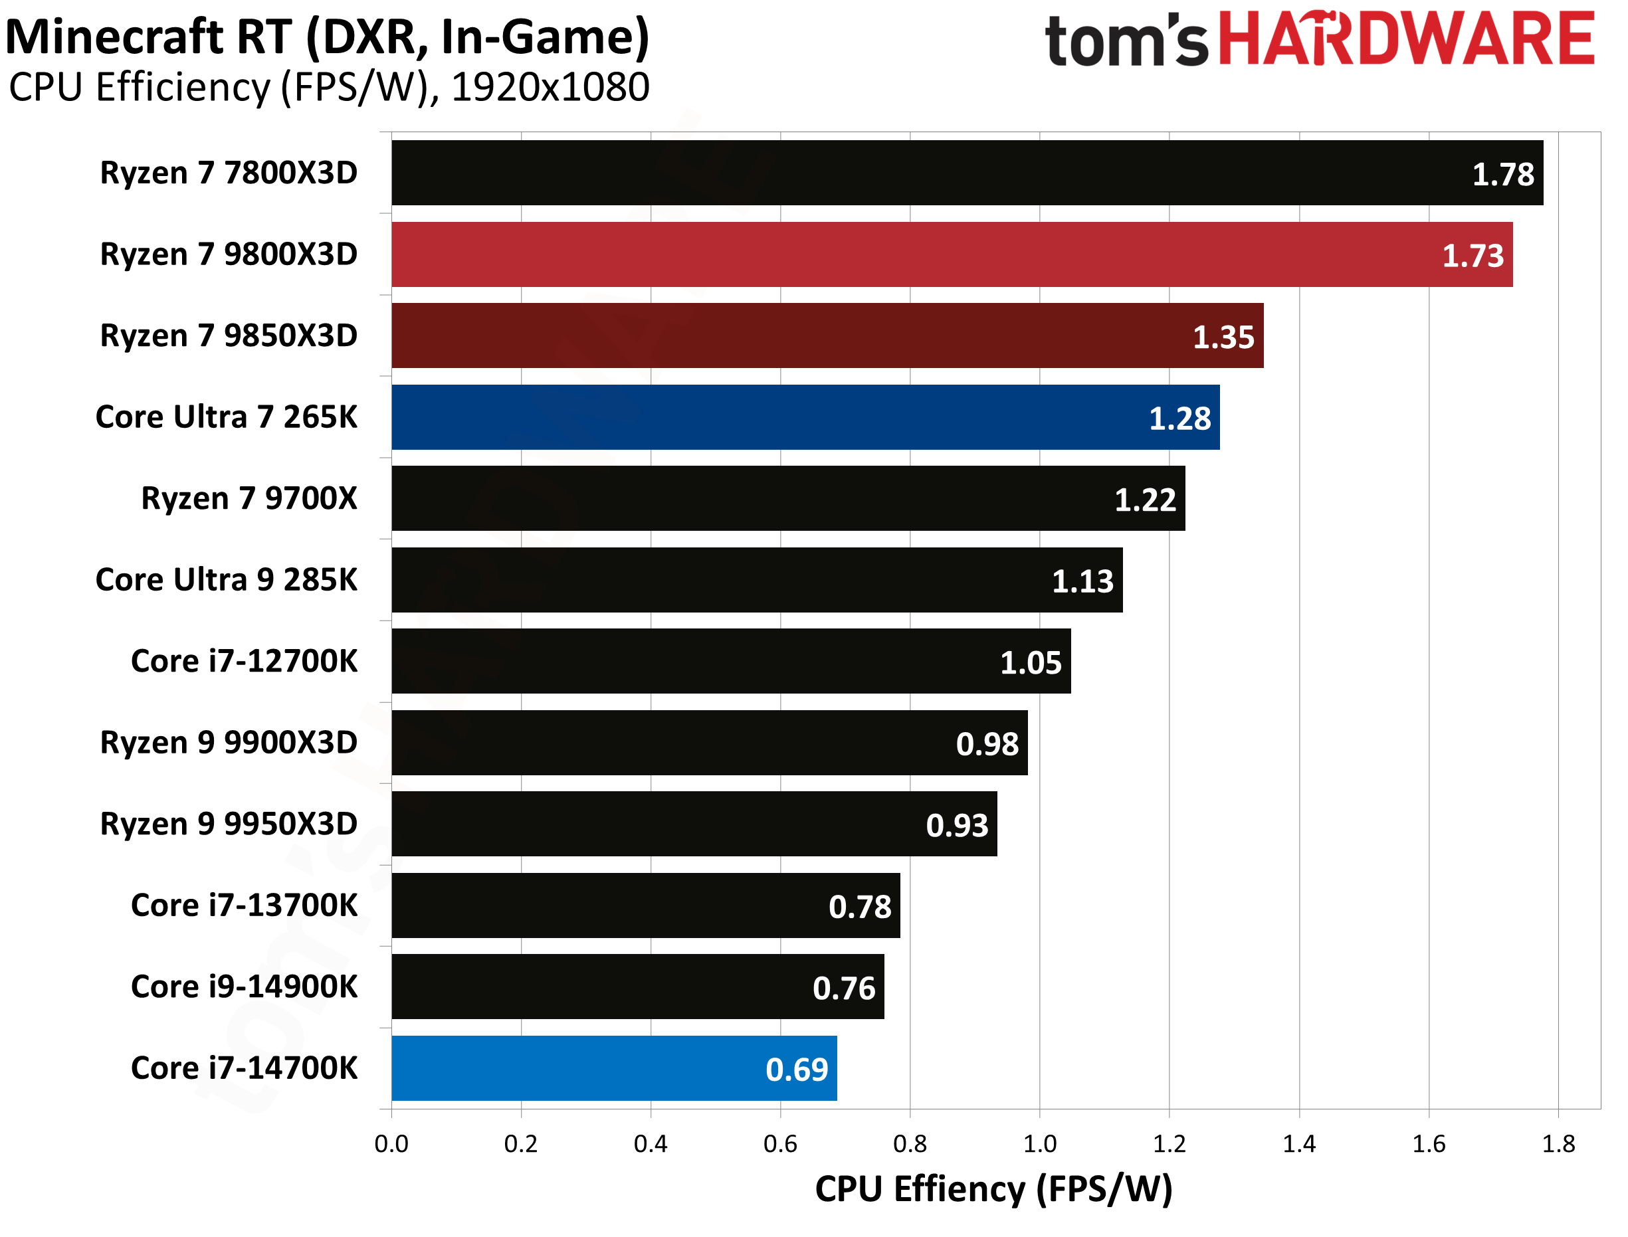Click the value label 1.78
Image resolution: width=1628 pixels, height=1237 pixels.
pyautogui.click(x=1502, y=175)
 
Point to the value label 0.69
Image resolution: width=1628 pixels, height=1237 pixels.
pyautogui.click(x=796, y=1070)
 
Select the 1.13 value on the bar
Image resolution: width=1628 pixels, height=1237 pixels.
pyautogui.click(x=1082, y=582)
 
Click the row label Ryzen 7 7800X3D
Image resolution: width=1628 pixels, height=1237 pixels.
pyautogui.click(x=229, y=173)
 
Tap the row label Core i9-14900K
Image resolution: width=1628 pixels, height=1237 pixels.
pyautogui.click(x=244, y=987)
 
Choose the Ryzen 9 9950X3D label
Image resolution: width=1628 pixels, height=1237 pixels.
pyautogui.click(x=229, y=824)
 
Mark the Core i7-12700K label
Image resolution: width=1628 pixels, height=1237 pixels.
pyautogui.click(x=244, y=661)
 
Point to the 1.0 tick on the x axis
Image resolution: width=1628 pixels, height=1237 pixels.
pyautogui.click(x=1039, y=1144)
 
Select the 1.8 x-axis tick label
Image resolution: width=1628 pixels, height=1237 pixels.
pyautogui.click(x=1558, y=1144)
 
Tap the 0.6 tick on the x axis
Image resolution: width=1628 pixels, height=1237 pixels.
pyautogui.click(x=779, y=1144)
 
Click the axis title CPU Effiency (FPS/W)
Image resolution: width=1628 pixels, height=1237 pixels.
pyautogui.click(x=993, y=1189)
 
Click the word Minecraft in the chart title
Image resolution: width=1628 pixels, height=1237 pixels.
pyautogui.click(x=114, y=37)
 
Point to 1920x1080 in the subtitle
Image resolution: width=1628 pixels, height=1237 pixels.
pyautogui.click(x=550, y=88)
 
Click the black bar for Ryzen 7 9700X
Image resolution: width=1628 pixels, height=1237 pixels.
pyautogui.click(x=788, y=498)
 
